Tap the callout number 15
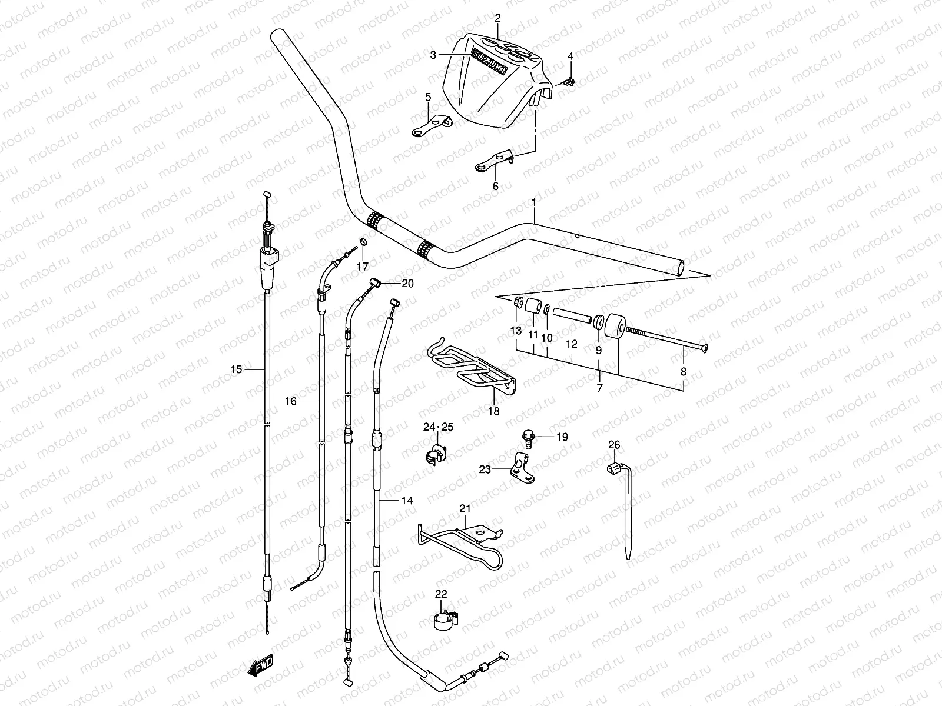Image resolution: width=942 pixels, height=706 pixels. [x=236, y=369]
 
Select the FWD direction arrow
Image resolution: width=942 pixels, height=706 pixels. [x=260, y=666]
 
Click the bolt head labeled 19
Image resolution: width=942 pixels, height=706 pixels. [x=528, y=437]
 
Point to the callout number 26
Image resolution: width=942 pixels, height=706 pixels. [x=614, y=445]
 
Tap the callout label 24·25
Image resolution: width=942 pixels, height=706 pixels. [x=439, y=427]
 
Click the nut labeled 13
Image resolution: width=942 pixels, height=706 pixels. [x=516, y=302]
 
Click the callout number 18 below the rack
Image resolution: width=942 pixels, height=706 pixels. [x=494, y=411]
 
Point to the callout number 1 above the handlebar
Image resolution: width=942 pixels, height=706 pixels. [x=533, y=202]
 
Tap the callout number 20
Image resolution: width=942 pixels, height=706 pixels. [x=407, y=284]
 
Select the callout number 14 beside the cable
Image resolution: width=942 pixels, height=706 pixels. [x=407, y=501]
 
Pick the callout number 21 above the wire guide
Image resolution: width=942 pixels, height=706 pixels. [x=465, y=508]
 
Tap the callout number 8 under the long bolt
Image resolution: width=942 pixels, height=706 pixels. [x=684, y=371]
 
